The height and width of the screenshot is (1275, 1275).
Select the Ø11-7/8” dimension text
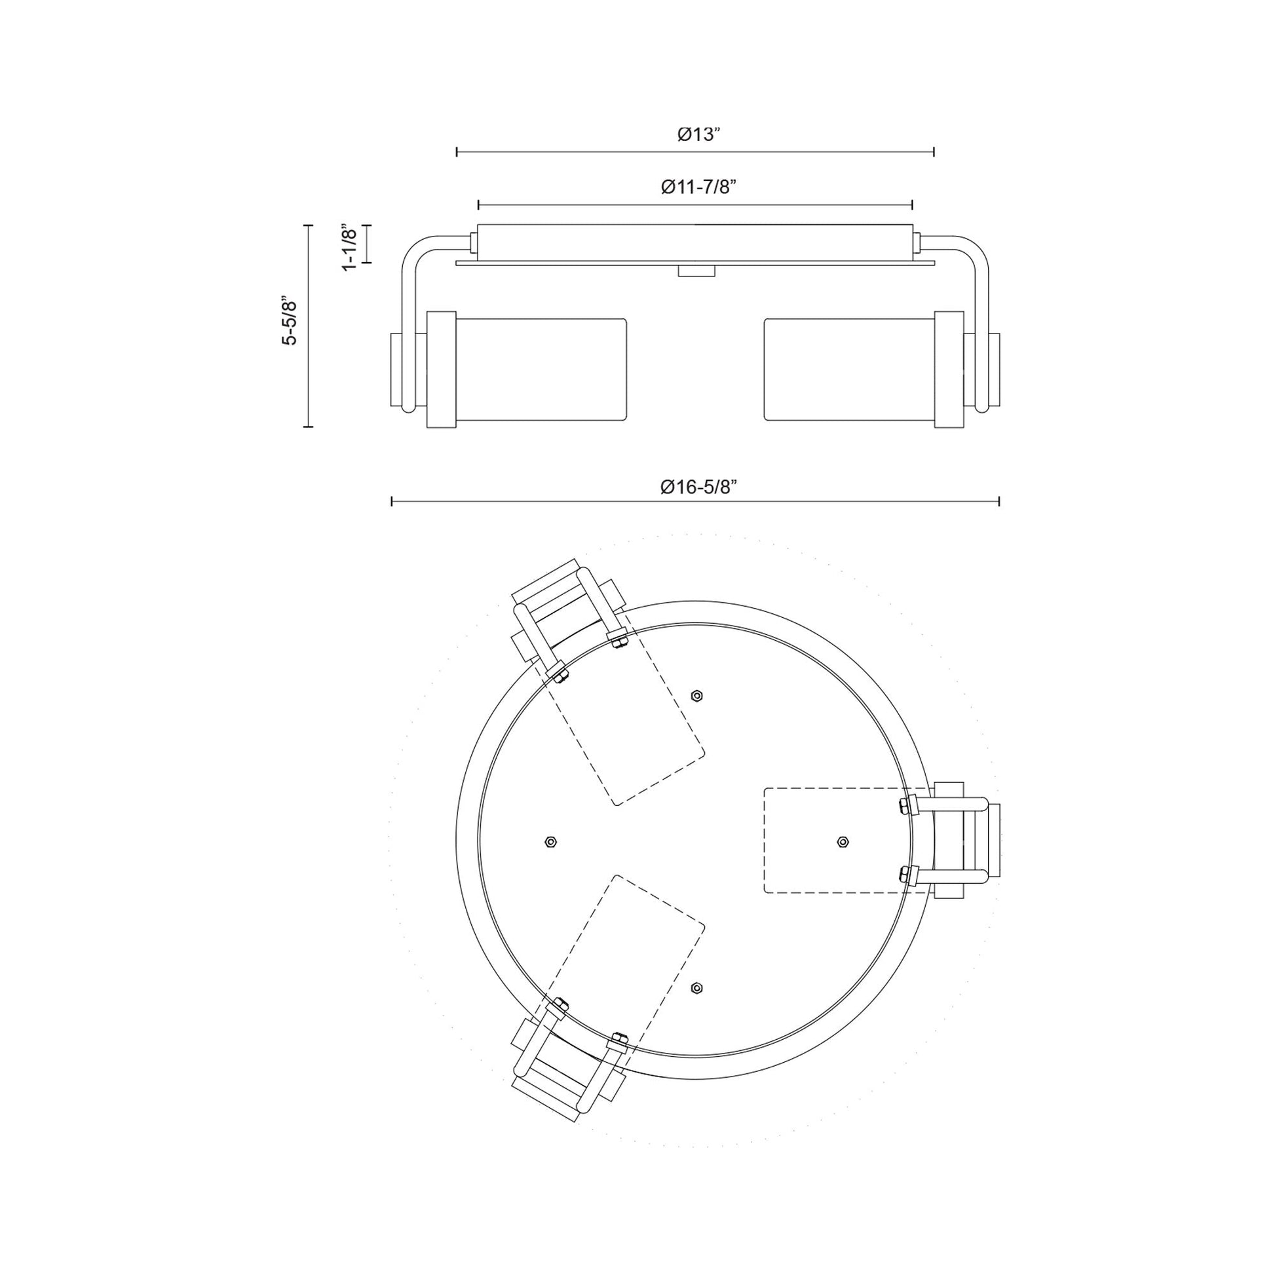[x=698, y=187]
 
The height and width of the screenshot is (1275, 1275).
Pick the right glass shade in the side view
[x=850, y=370]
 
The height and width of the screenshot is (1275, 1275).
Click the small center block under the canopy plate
[x=696, y=271]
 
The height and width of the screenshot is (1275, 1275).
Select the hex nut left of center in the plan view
[x=551, y=842]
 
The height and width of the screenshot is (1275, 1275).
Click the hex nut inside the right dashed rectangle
[x=842, y=842]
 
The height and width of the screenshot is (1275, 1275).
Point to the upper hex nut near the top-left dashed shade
[x=696, y=696]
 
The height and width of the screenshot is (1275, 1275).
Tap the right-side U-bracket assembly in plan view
[x=957, y=841]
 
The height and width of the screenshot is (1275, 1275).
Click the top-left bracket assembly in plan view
[x=567, y=617]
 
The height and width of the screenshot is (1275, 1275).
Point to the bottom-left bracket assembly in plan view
[x=567, y=1068]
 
